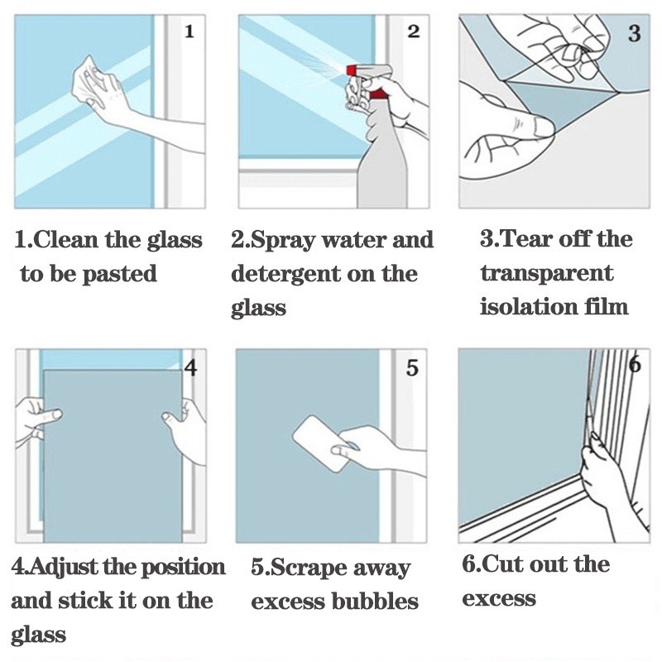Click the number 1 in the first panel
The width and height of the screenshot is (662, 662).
coord(189,32)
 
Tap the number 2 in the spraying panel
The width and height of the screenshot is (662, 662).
coord(414,32)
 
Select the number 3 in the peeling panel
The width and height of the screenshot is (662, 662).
coord(635,34)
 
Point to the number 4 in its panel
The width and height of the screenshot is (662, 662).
coord(190,367)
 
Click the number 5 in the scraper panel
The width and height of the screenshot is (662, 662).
coord(412,368)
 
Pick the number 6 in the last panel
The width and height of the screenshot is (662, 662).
coord(635,365)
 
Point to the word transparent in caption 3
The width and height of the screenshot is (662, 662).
coord(546,273)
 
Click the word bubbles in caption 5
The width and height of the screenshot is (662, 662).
coord(375,602)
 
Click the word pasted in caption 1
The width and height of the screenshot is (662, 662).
coord(121,274)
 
